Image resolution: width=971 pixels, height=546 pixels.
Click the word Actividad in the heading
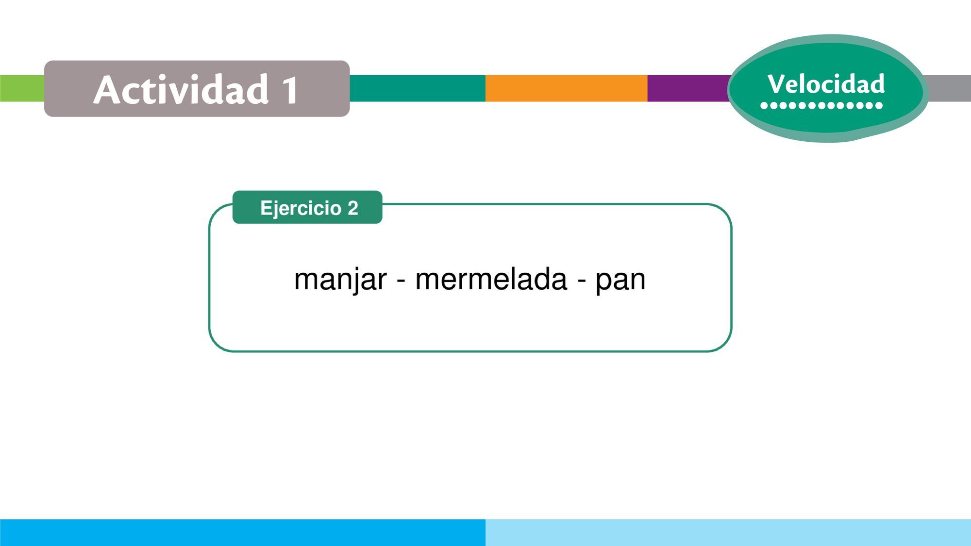click(x=181, y=89)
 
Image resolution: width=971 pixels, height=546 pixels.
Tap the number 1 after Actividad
click(x=290, y=90)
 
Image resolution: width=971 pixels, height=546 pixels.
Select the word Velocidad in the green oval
click(x=826, y=83)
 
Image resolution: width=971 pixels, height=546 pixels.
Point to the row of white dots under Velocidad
click(x=821, y=105)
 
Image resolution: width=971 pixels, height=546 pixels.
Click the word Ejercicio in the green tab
click(x=301, y=208)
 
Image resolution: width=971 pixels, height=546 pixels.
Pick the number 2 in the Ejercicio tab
click(x=352, y=208)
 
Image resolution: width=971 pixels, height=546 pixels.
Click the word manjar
click(x=340, y=280)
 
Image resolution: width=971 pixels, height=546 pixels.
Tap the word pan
click(x=620, y=281)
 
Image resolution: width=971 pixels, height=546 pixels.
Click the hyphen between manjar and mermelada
click(x=401, y=281)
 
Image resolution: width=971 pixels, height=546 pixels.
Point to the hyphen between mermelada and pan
click(x=581, y=281)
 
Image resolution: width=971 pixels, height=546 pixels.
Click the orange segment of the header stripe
click(x=566, y=88)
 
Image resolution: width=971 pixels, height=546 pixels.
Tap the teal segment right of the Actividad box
click(x=418, y=88)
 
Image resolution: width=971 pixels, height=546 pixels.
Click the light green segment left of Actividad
click(x=22, y=88)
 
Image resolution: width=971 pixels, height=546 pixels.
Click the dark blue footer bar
click(x=243, y=532)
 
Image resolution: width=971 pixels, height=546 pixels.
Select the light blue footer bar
click(x=728, y=532)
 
